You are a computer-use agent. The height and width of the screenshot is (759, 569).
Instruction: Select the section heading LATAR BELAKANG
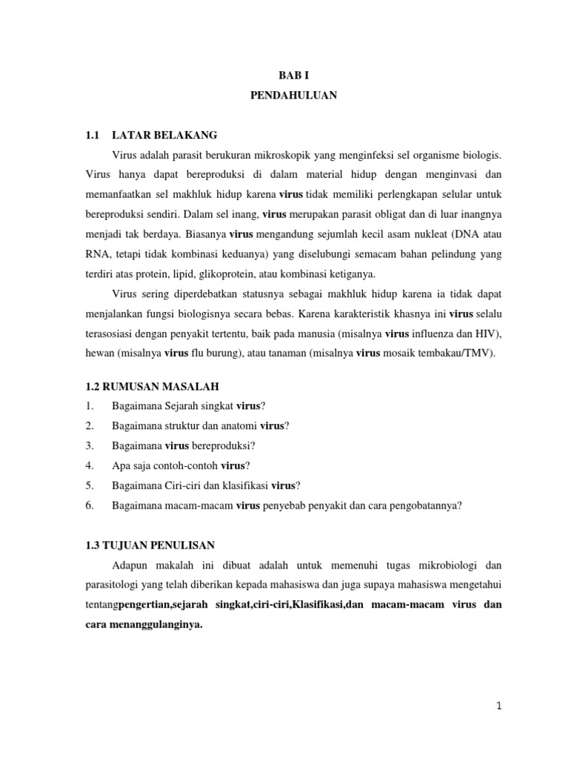[164, 136]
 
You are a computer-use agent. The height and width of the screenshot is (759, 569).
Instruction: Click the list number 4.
[89, 465]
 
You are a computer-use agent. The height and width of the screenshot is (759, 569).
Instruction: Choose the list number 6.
[89, 506]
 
